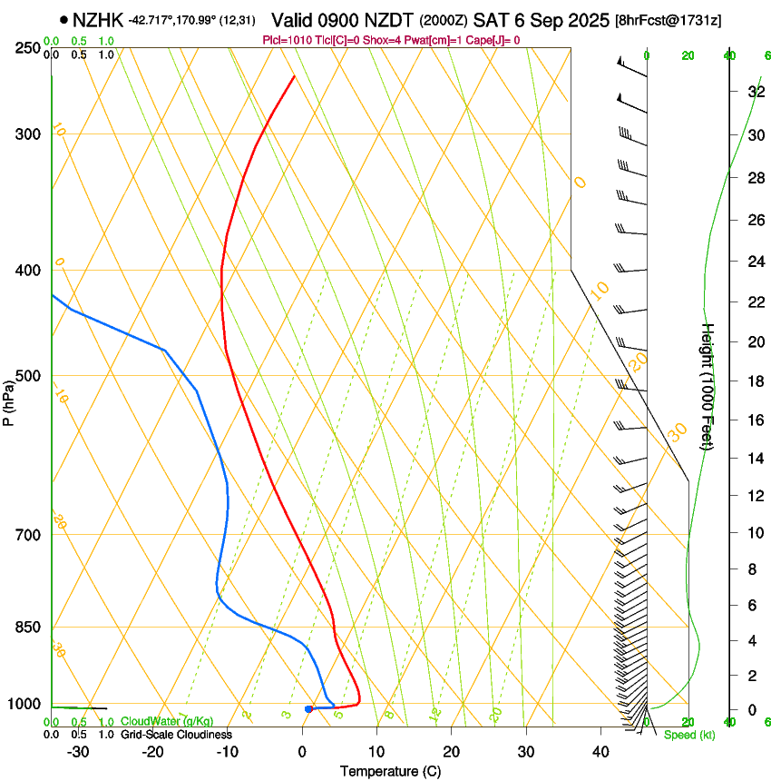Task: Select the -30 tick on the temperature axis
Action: (x=78, y=751)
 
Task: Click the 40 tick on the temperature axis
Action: (x=600, y=751)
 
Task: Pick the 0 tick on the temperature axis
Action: (x=302, y=751)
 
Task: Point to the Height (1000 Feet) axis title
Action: (x=708, y=386)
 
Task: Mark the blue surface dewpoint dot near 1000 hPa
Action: (x=309, y=708)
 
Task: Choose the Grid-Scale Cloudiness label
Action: (x=176, y=734)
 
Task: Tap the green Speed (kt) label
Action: (x=689, y=735)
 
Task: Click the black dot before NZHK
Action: (x=63, y=19)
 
